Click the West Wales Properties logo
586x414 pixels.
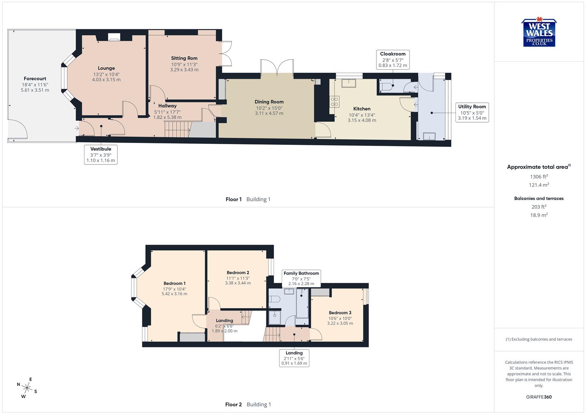(x=539, y=33)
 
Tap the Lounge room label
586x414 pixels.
(x=106, y=68)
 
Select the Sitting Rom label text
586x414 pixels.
(x=184, y=58)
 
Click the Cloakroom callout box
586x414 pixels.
(x=393, y=60)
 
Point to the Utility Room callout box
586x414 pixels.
(x=472, y=112)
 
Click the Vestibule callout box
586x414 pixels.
(x=101, y=154)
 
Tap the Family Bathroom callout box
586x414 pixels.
(x=301, y=278)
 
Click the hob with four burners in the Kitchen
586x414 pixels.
(x=334, y=101)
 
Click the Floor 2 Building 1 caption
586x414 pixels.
(x=248, y=404)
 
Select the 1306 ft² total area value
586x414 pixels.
(x=539, y=177)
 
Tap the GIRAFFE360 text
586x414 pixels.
(x=539, y=397)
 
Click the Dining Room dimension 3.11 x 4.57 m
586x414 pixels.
(x=269, y=113)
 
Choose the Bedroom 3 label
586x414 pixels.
(x=340, y=313)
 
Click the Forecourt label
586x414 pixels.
(x=35, y=79)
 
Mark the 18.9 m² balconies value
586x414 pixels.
(x=539, y=215)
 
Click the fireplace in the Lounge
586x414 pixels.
(x=114, y=38)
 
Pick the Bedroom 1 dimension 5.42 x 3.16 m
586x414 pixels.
(x=174, y=294)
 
